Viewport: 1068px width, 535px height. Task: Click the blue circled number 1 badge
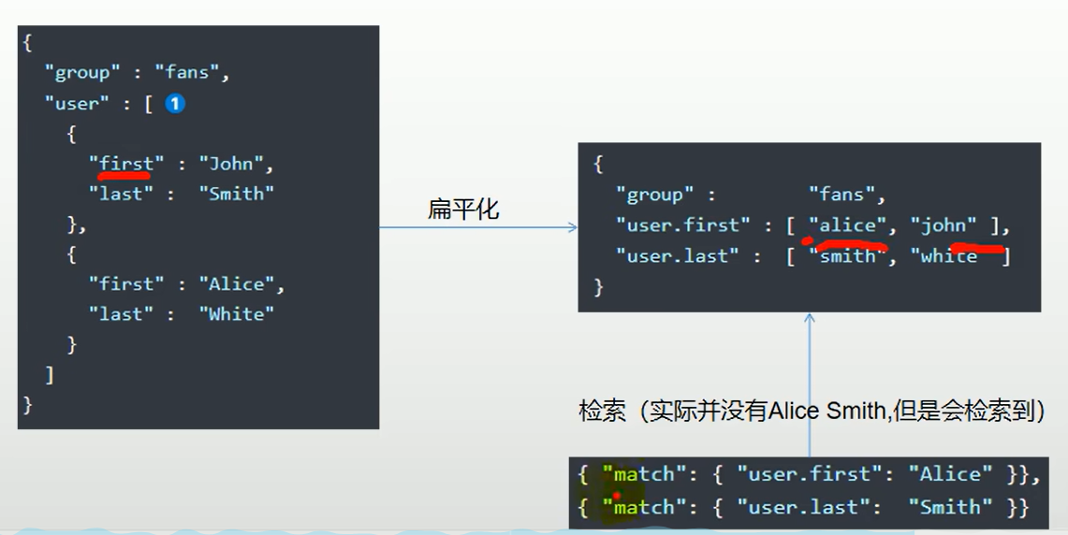click(x=175, y=104)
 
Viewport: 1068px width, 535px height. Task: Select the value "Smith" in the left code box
click(x=237, y=194)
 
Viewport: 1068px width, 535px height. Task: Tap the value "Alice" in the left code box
click(x=241, y=283)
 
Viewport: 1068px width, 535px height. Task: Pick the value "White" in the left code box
click(x=237, y=314)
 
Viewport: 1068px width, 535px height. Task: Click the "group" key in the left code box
click(x=82, y=73)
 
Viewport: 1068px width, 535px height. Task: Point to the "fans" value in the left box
click(x=192, y=73)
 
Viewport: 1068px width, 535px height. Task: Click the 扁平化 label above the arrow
click(x=463, y=210)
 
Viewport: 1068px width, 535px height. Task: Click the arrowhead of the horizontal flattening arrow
click(x=573, y=227)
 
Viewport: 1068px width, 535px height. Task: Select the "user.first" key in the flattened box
click(x=682, y=225)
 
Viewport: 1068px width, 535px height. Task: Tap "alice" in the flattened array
click(x=847, y=225)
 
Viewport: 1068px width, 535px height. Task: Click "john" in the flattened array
click(x=948, y=225)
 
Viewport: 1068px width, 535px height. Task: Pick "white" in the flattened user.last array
click(x=948, y=255)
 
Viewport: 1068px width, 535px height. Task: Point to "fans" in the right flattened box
click(x=847, y=195)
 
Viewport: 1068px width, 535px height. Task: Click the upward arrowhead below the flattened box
click(x=810, y=319)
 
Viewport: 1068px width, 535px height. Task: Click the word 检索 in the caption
click(x=603, y=412)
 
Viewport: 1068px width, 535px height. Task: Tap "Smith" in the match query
click(x=950, y=507)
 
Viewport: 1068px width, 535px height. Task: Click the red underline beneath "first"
click(x=125, y=174)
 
